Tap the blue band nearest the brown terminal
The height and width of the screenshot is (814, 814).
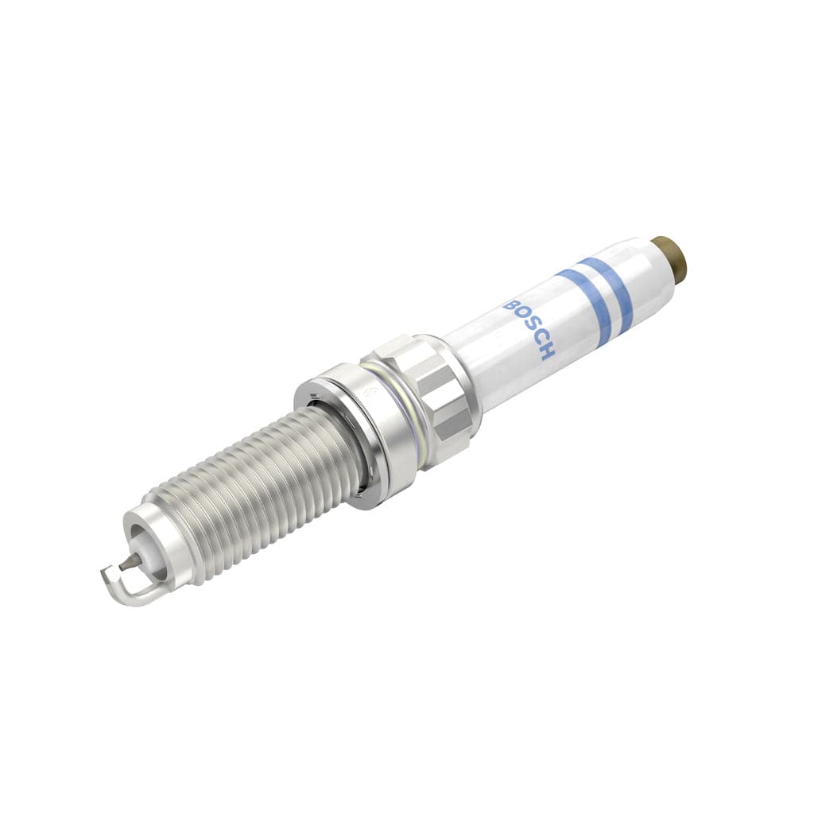[610, 292]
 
